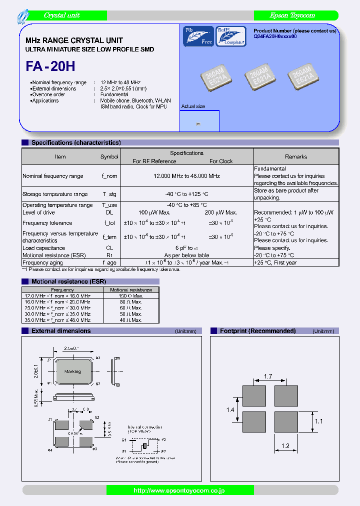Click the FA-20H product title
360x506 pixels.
50,66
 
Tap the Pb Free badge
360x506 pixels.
198,36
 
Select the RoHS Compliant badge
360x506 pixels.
230,36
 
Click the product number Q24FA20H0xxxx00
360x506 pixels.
275,36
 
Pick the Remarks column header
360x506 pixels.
296,156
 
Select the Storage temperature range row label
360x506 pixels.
55,194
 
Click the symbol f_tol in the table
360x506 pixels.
109,223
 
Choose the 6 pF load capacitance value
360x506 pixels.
186,248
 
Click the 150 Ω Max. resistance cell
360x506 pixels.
131,296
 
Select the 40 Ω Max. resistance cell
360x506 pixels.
131,320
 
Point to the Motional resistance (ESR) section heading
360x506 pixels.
68,281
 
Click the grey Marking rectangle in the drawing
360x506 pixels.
72,371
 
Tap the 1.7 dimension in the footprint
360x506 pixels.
268,376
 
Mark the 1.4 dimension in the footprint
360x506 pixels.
230,410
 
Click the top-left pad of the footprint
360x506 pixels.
254,396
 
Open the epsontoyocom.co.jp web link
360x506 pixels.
180,490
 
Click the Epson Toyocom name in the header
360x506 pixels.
292,15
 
